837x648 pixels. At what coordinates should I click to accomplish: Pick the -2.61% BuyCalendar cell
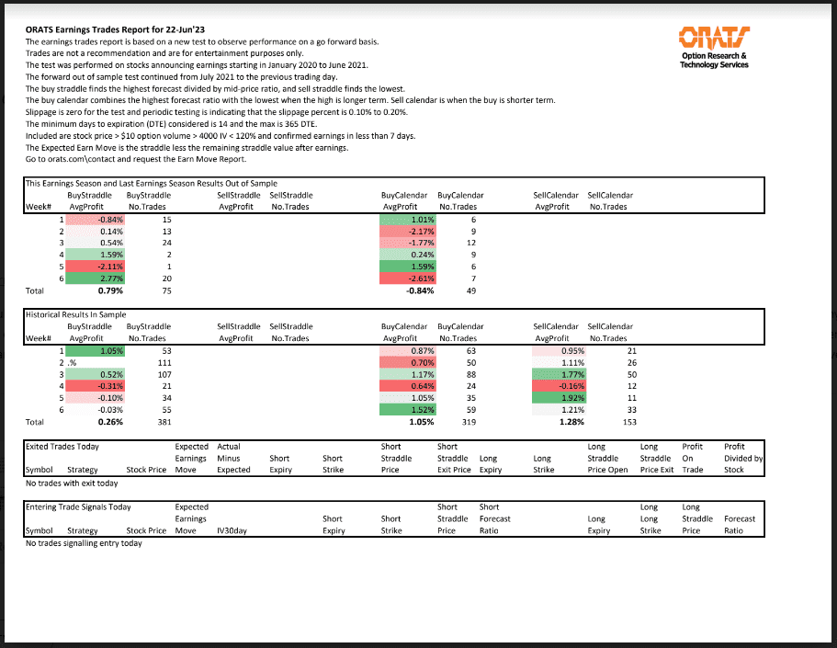[x=410, y=278]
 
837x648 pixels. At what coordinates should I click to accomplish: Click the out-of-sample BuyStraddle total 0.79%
[x=110, y=290]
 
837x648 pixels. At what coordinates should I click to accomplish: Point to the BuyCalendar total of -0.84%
[x=419, y=290]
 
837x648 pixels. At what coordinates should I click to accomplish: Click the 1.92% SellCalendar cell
[x=561, y=398]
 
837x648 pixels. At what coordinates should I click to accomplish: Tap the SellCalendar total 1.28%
[x=571, y=422]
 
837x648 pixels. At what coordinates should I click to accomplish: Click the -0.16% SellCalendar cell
[x=561, y=386]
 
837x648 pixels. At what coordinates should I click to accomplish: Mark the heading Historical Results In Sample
[x=75, y=314]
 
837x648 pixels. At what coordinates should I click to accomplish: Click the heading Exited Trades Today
[x=62, y=446]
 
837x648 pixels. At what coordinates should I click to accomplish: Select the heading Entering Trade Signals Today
[x=78, y=506]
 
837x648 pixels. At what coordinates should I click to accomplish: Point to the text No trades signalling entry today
[x=84, y=543]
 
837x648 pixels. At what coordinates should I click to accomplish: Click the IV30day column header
[x=234, y=530]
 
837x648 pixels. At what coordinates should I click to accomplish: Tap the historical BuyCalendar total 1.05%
[x=419, y=422]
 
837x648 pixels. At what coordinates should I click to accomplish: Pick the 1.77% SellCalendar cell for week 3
[x=561, y=374]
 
